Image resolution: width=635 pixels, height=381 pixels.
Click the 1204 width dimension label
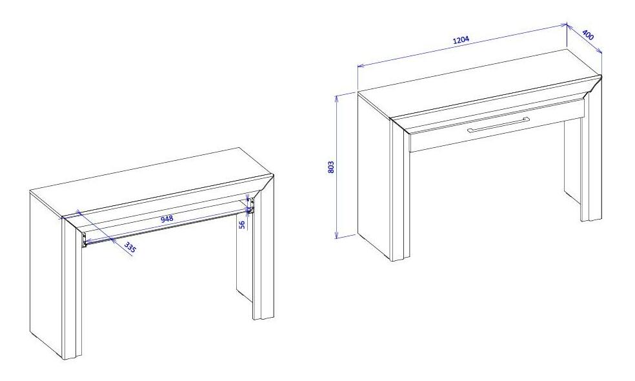(x=461, y=40)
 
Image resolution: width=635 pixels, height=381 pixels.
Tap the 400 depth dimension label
(x=588, y=36)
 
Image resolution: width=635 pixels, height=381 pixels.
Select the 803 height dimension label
(x=331, y=167)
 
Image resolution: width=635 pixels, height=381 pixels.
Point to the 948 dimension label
(x=167, y=219)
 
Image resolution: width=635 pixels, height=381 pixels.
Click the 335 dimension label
(x=130, y=247)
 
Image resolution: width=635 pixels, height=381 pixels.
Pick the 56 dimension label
(x=242, y=225)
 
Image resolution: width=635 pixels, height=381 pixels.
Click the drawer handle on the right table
(x=499, y=125)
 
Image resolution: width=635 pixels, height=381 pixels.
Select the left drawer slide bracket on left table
(x=84, y=240)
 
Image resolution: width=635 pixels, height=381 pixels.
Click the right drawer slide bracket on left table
(x=251, y=206)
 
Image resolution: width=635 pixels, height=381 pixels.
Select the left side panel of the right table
(x=374, y=175)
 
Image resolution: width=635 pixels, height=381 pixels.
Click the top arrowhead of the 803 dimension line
(x=336, y=98)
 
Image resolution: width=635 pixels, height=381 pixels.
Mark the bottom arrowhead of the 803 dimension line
(x=336, y=235)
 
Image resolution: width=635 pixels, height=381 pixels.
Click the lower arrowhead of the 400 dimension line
(x=599, y=50)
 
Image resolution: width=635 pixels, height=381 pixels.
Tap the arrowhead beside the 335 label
(x=114, y=240)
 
